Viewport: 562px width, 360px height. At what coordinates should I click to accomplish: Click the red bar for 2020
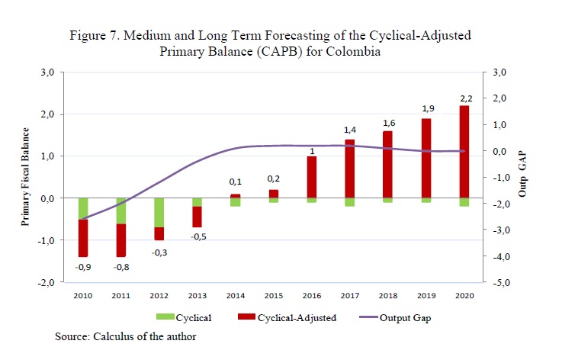(x=464, y=151)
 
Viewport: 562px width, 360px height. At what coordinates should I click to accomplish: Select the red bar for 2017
(x=350, y=168)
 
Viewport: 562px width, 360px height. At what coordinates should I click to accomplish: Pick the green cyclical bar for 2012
(x=159, y=212)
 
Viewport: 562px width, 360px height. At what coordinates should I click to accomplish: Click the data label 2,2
(x=464, y=97)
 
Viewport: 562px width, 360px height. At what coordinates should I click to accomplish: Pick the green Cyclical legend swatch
(x=165, y=317)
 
